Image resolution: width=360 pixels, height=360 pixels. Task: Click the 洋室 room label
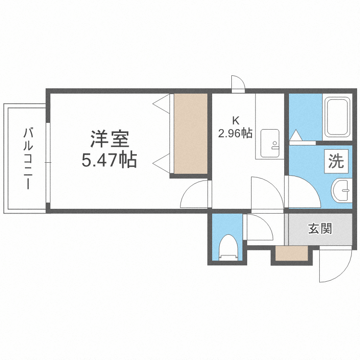[109, 139]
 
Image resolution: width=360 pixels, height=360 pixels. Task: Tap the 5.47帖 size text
[109, 160]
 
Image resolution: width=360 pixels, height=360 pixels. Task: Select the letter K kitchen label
[235, 120]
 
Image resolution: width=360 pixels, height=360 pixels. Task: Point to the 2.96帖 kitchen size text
[235, 133]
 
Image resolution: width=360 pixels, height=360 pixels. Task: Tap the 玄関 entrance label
[320, 228]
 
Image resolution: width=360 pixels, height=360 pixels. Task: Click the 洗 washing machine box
[336, 161]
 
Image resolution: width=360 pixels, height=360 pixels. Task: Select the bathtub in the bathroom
[337, 117]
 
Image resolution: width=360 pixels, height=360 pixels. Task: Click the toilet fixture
[228, 248]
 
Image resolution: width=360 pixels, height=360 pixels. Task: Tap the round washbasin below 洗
[341, 191]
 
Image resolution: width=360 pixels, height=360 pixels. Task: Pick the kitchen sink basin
[270, 143]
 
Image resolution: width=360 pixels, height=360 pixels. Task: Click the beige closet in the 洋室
[191, 133]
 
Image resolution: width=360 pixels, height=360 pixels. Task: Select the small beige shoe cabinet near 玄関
[291, 253]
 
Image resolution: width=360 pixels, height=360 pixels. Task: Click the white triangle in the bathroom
[296, 135]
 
